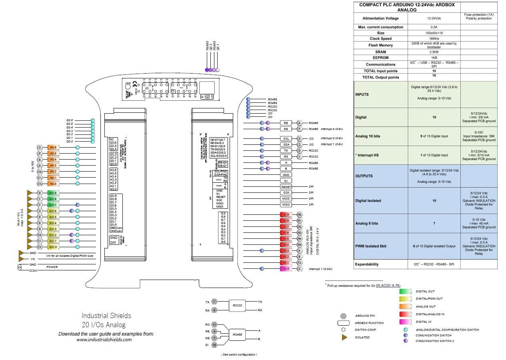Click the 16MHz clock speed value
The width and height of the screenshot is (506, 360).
pyautogui.click(x=434, y=39)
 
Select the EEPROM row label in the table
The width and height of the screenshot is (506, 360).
pyautogui.click(x=380, y=58)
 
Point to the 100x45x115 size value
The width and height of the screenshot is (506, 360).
pyautogui.click(x=434, y=33)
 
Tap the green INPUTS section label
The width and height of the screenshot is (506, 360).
pyautogui.click(x=362, y=94)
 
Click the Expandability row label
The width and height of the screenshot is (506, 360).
pyautogui.click(x=366, y=264)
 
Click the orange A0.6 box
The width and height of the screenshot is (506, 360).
pyautogui.click(x=53, y=148)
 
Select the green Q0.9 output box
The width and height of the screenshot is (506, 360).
pyautogui.click(x=53, y=193)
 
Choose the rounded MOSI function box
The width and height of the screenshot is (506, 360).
pyautogui.click(x=286, y=199)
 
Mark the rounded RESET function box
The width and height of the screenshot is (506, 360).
pyautogui.click(x=286, y=187)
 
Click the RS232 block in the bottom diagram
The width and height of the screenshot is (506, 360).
pyautogui.click(x=237, y=306)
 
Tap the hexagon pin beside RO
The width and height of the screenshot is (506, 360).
pyautogui.click(x=214, y=324)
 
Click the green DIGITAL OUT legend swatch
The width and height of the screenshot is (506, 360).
pyautogui.click(x=406, y=291)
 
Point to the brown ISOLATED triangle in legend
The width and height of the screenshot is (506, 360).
pyautogui.click(x=344, y=338)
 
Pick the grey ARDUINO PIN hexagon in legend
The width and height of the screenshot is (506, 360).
pyautogui.click(x=344, y=316)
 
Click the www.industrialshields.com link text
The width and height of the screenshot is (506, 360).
pyautogui.click(x=104, y=340)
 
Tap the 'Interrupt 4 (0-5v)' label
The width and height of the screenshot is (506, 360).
pyautogui.click(x=332, y=129)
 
